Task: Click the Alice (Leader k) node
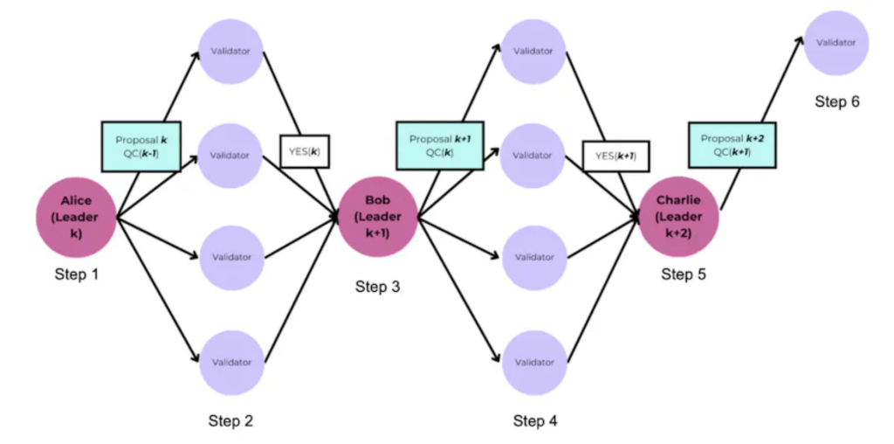click(76, 216)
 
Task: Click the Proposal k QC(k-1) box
click(141, 146)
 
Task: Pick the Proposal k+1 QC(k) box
click(440, 146)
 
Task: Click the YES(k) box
click(303, 150)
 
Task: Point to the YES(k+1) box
click(615, 156)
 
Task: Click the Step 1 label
click(76, 274)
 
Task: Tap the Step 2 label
click(230, 420)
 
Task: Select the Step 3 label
click(377, 286)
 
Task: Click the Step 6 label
click(837, 101)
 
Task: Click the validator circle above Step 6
click(836, 42)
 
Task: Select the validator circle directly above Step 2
click(230, 361)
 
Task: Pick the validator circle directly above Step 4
click(533, 361)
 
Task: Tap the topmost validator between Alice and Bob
click(230, 50)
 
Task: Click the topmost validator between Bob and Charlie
click(533, 50)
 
